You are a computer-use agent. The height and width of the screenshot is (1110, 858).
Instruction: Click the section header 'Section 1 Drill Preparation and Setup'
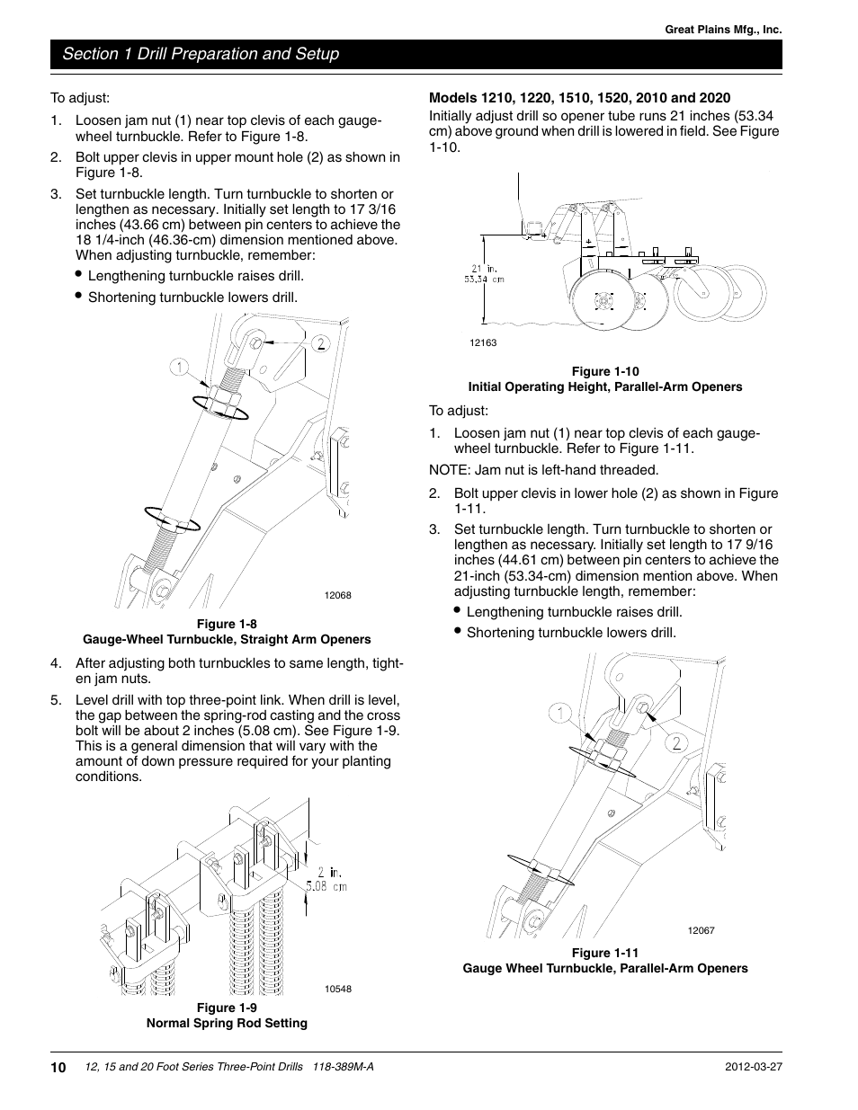[x=201, y=54]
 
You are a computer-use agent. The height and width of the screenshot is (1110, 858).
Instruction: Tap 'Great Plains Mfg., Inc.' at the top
[x=723, y=30]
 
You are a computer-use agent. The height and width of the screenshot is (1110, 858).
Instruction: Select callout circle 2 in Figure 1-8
[x=319, y=342]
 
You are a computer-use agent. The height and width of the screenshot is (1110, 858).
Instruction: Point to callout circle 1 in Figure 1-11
[x=560, y=715]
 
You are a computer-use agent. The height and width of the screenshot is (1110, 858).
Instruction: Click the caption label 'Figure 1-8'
[x=227, y=624]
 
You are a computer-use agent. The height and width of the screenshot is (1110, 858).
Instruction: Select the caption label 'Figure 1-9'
[x=227, y=1008]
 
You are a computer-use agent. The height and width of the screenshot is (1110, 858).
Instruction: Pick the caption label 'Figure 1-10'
[x=605, y=371]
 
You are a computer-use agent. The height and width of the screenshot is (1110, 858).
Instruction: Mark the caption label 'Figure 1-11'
[x=605, y=953]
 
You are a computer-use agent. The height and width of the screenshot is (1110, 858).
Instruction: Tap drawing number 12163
[x=483, y=342]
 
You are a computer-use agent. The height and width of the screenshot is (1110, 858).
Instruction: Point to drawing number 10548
[x=337, y=989]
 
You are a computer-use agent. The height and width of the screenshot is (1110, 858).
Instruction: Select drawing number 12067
[x=701, y=930]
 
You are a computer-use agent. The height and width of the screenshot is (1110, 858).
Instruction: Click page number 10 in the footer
[x=58, y=1067]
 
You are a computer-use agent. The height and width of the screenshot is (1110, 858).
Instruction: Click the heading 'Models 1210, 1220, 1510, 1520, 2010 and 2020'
[x=579, y=97]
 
